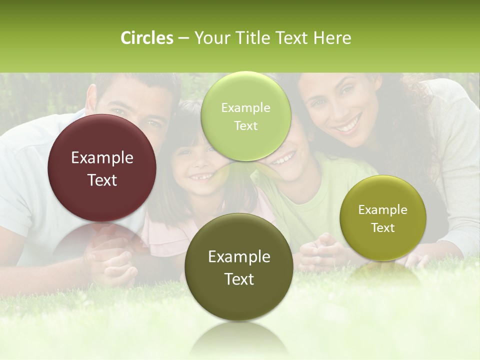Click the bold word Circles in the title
click(x=147, y=38)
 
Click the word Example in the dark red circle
click(x=102, y=158)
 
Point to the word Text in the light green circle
click(x=245, y=126)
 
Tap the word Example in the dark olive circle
click(x=239, y=257)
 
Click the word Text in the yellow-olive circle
click(x=383, y=228)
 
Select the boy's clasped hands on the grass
click(x=320, y=247)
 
